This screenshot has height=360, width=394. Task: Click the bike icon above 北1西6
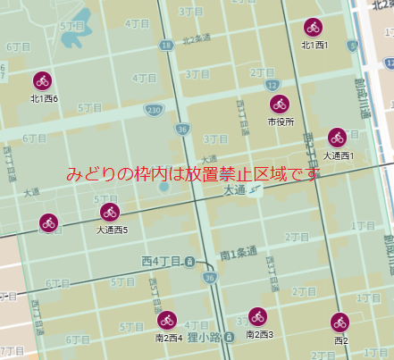[43, 81]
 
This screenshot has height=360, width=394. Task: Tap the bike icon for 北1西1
[312, 28]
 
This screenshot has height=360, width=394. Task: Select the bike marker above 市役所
[280, 104]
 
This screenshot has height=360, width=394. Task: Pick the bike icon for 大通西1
[337, 138]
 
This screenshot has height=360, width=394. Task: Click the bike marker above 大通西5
[111, 213]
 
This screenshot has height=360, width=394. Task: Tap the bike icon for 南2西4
[167, 320]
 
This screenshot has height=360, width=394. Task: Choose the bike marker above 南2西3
[257, 316]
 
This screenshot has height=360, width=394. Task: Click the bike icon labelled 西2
[340, 322]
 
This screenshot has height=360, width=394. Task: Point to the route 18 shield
[167, 45]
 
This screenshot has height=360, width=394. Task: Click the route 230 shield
[155, 110]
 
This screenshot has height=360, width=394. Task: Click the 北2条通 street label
[197, 38]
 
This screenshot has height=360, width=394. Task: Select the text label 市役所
[280, 121]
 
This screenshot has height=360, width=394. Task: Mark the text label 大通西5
[113, 230]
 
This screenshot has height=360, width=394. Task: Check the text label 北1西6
[44, 98]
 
